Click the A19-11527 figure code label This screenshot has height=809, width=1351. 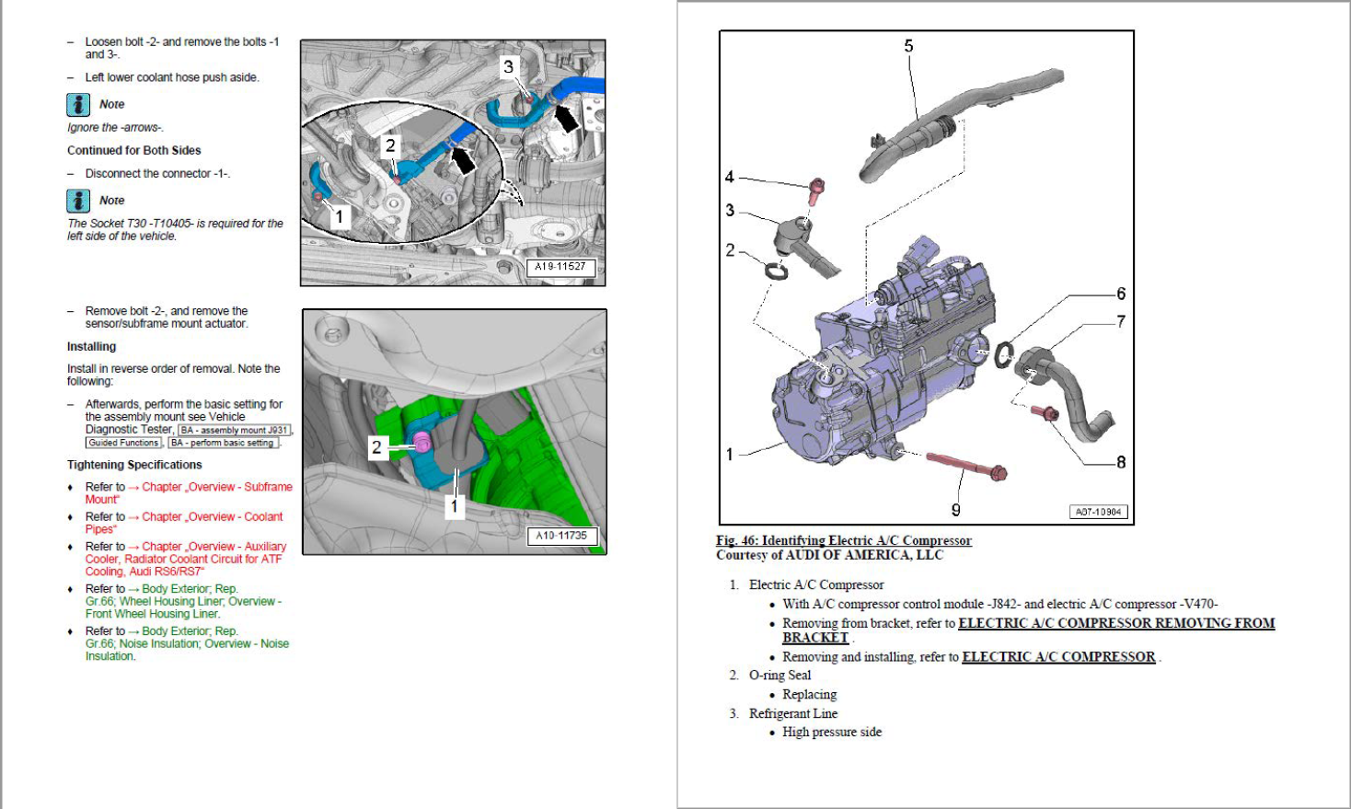[x=560, y=267]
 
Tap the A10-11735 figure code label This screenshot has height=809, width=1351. [x=560, y=536]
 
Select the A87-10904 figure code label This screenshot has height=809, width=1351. [x=1099, y=512]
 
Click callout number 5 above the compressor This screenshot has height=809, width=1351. [x=908, y=46]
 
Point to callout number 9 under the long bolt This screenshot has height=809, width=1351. [x=955, y=510]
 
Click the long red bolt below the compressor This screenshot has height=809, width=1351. [x=966, y=465]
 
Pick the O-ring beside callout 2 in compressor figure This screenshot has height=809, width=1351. [x=777, y=271]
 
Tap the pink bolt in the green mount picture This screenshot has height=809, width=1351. [x=421, y=443]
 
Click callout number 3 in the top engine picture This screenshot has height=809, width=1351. [x=508, y=67]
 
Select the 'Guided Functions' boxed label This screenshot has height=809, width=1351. [x=123, y=443]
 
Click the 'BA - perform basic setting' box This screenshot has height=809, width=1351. [x=223, y=443]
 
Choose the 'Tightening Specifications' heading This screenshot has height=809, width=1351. [x=134, y=465]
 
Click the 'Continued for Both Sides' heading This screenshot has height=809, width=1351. [x=133, y=150]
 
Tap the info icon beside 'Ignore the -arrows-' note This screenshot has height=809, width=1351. [x=78, y=105]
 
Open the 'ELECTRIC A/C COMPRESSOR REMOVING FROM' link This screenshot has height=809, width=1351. [x=1115, y=623]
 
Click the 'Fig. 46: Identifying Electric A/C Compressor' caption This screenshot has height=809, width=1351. [x=843, y=540]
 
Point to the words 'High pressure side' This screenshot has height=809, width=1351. [x=832, y=732]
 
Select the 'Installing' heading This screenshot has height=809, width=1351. [x=91, y=347]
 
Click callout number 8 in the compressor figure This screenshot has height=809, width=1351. [x=1121, y=462]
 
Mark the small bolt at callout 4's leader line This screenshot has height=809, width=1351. [x=815, y=190]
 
